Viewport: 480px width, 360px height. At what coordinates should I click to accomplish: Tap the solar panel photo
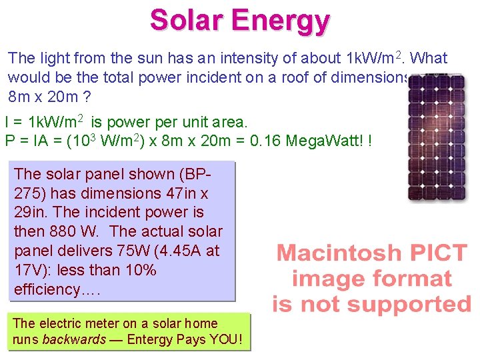(x=437, y=137)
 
